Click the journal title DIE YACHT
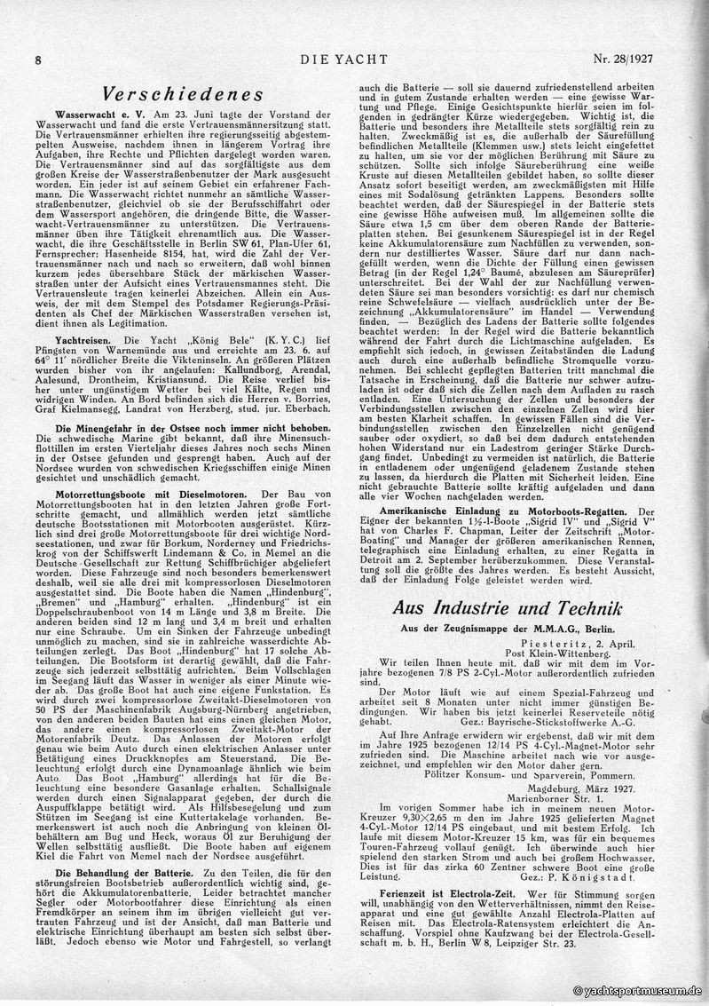coord(355,59)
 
